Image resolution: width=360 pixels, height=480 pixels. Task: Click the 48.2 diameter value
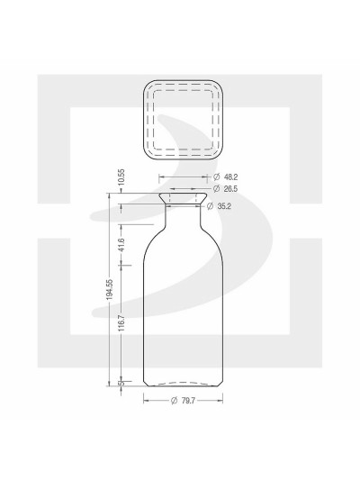tap(229, 177)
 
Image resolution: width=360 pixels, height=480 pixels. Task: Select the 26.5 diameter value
tap(229, 188)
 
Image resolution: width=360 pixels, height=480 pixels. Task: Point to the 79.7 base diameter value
tap(191, 401)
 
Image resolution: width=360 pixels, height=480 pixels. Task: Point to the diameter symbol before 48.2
tap(216, 177)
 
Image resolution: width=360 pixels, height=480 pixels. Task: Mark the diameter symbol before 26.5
tap(216, 188)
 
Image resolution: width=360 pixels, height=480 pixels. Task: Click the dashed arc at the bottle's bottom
tap(181, 383)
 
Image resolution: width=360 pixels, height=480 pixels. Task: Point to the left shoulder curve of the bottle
tap(153, 236)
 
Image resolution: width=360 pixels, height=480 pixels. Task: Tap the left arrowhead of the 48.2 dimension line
tap(162, 177)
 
